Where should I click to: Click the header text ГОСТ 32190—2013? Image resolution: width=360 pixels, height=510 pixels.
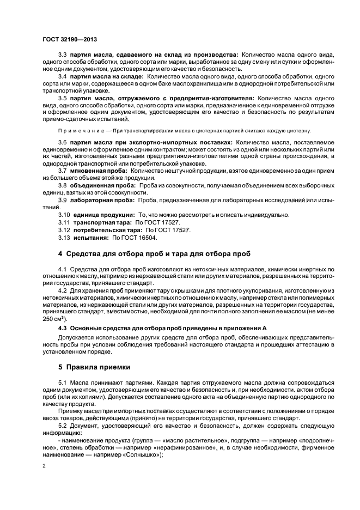tap(66, 39)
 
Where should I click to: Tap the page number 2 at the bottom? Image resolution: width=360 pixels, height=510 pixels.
tap(44, 466)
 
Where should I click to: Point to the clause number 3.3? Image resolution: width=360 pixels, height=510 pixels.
tap(62, 55)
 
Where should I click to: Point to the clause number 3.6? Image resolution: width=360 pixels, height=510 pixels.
tap(62, 142)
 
